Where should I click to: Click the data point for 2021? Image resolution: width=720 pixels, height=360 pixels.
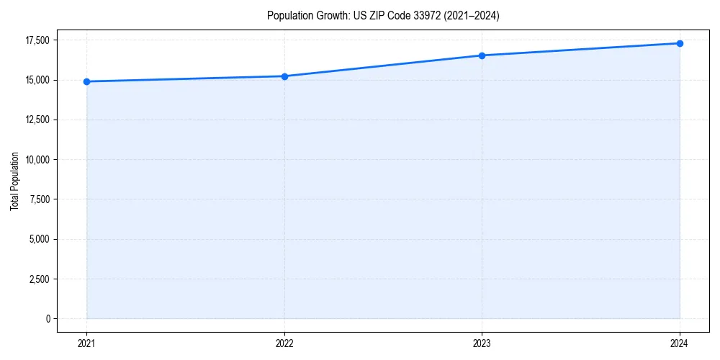tap(86, 81)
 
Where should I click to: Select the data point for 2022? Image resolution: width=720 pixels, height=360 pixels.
tap(284, 76)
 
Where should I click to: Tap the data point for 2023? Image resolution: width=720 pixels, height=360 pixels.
tap(482, 55)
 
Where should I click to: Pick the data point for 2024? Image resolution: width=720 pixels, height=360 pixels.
tap(680, 43)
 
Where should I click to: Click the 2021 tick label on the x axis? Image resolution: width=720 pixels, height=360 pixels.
tap(86, 343)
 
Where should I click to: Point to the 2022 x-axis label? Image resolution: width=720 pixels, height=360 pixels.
tap(284, 343)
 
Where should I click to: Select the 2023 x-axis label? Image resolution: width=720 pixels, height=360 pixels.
tap(482, 343)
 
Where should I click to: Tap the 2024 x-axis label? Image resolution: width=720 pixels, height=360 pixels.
tap(680, 343)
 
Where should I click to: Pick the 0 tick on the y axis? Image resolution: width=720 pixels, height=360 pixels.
tap(48, 318)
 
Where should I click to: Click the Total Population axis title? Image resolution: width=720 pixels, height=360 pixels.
tap(14, 181)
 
